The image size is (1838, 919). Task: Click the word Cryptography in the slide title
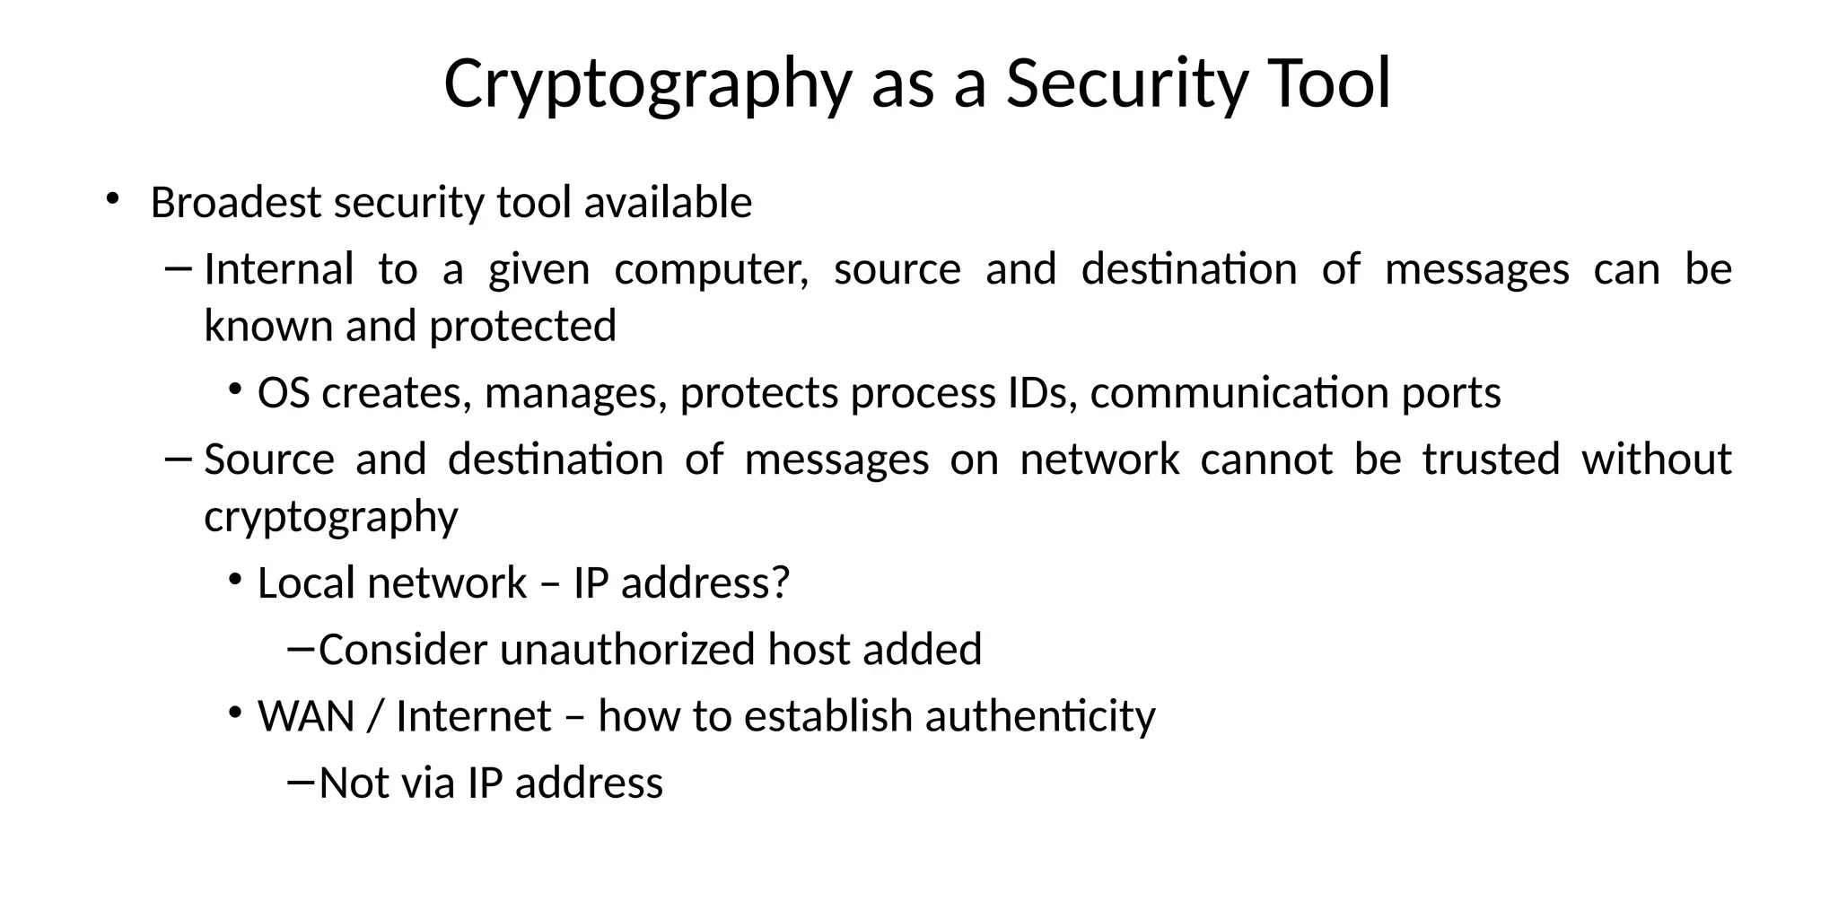(x=646, y=83)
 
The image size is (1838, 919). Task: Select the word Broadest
(x=236, y=203)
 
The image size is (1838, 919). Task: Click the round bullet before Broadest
(x=111, y=198)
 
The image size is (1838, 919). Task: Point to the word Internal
(x=279, y=269)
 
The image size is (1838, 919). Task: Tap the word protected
(x=522, y=326)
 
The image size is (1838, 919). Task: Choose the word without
(x=1656, y=459)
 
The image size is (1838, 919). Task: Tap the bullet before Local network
(x=235, y=580)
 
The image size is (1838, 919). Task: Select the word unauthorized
(x=627, y=650)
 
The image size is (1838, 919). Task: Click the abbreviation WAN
(x=306, y=716)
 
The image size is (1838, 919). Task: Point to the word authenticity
(x=1040, y=716)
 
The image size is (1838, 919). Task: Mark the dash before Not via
(x=301, y=782)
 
